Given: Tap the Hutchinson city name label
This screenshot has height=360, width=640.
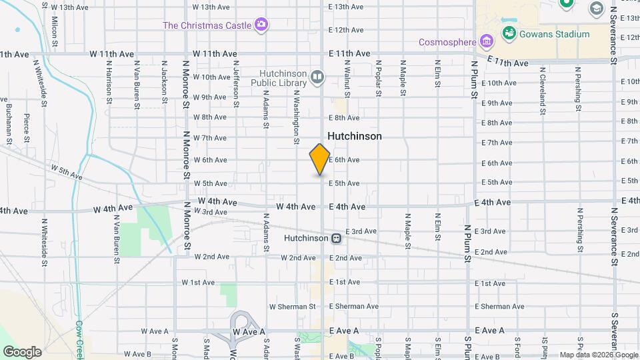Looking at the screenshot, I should (354, 136).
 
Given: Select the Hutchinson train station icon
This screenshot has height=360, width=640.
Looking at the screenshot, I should (337, 238).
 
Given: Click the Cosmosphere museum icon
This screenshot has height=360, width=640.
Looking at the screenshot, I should (487, 42).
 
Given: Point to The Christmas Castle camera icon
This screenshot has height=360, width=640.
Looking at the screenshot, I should (261, 25).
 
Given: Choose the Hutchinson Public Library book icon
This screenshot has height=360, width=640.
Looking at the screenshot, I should (317, 78).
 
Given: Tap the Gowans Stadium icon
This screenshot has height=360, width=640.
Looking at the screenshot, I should (509, 32).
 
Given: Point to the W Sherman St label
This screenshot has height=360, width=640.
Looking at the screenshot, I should (292, 307).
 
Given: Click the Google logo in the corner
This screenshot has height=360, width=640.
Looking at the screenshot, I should (22, 351).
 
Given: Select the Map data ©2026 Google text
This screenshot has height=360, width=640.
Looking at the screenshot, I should (598, 355).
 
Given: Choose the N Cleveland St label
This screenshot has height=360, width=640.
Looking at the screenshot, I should (543, 87).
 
